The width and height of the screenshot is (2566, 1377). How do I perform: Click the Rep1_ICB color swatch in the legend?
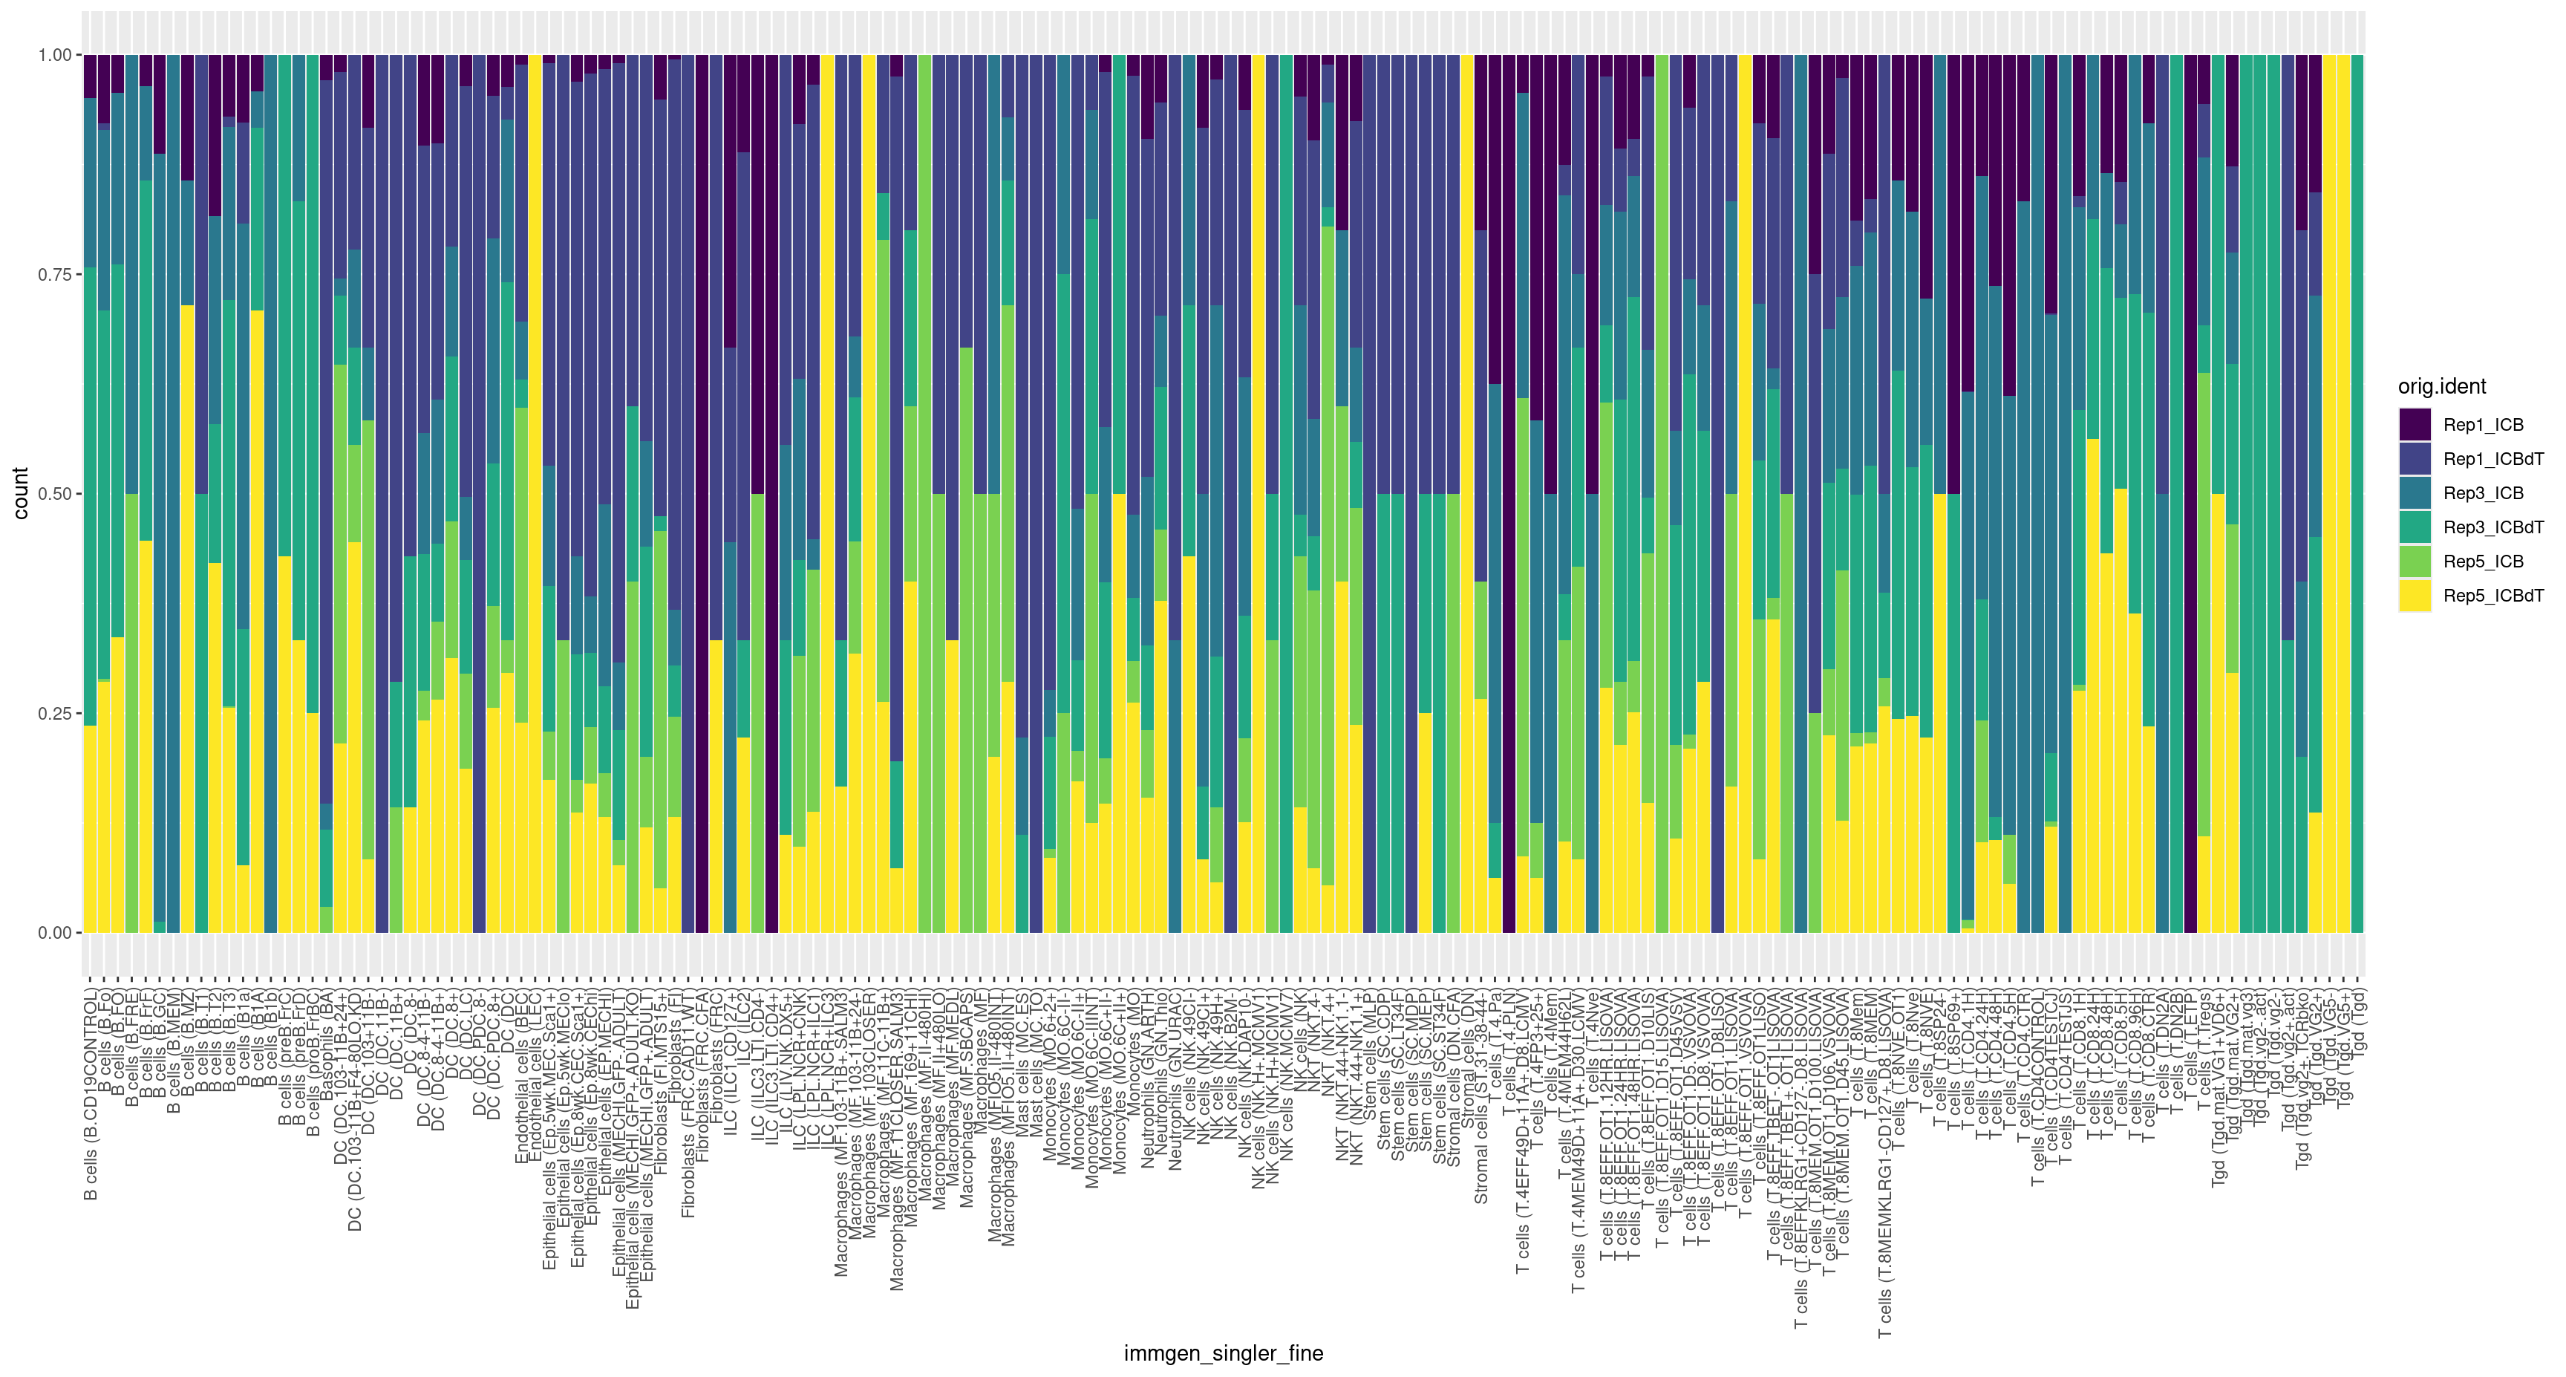coord(2415,424)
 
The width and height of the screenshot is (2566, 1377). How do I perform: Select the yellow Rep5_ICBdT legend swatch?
coord(2415,595)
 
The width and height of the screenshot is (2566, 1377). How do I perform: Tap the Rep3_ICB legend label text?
coord(2484,493)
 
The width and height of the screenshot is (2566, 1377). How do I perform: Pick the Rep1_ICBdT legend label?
coord(2493,459)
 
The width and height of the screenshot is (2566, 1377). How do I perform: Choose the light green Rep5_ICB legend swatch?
coord(2415,561)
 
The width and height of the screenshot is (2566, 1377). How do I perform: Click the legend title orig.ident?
coord(2441,387)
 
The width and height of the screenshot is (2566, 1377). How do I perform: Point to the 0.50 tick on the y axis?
coord(55,494)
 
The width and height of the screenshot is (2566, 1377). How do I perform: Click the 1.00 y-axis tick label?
coord(55,55)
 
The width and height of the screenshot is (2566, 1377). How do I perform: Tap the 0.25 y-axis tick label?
coord(55,714)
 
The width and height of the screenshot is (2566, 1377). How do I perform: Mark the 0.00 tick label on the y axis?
coord(55,933)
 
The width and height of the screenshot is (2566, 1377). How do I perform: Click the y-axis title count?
coord(20,493)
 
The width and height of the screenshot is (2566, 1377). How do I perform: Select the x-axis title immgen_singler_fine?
coord(1224,1353)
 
